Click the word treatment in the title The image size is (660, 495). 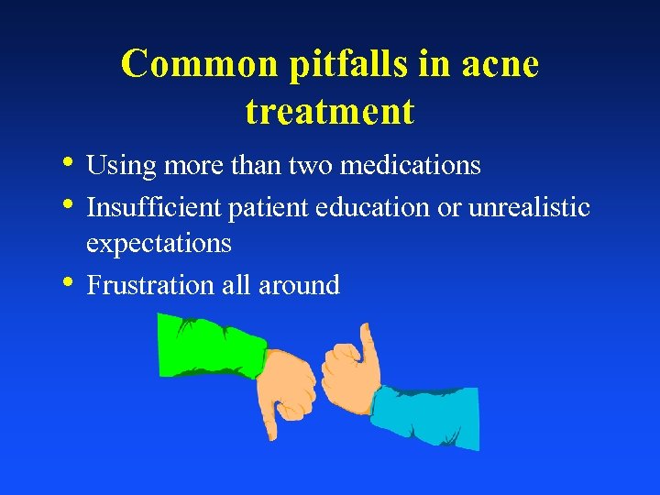point(330,112)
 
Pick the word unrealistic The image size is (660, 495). point(529,207)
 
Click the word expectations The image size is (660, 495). point(159,244)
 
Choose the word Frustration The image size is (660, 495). point(151,285)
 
